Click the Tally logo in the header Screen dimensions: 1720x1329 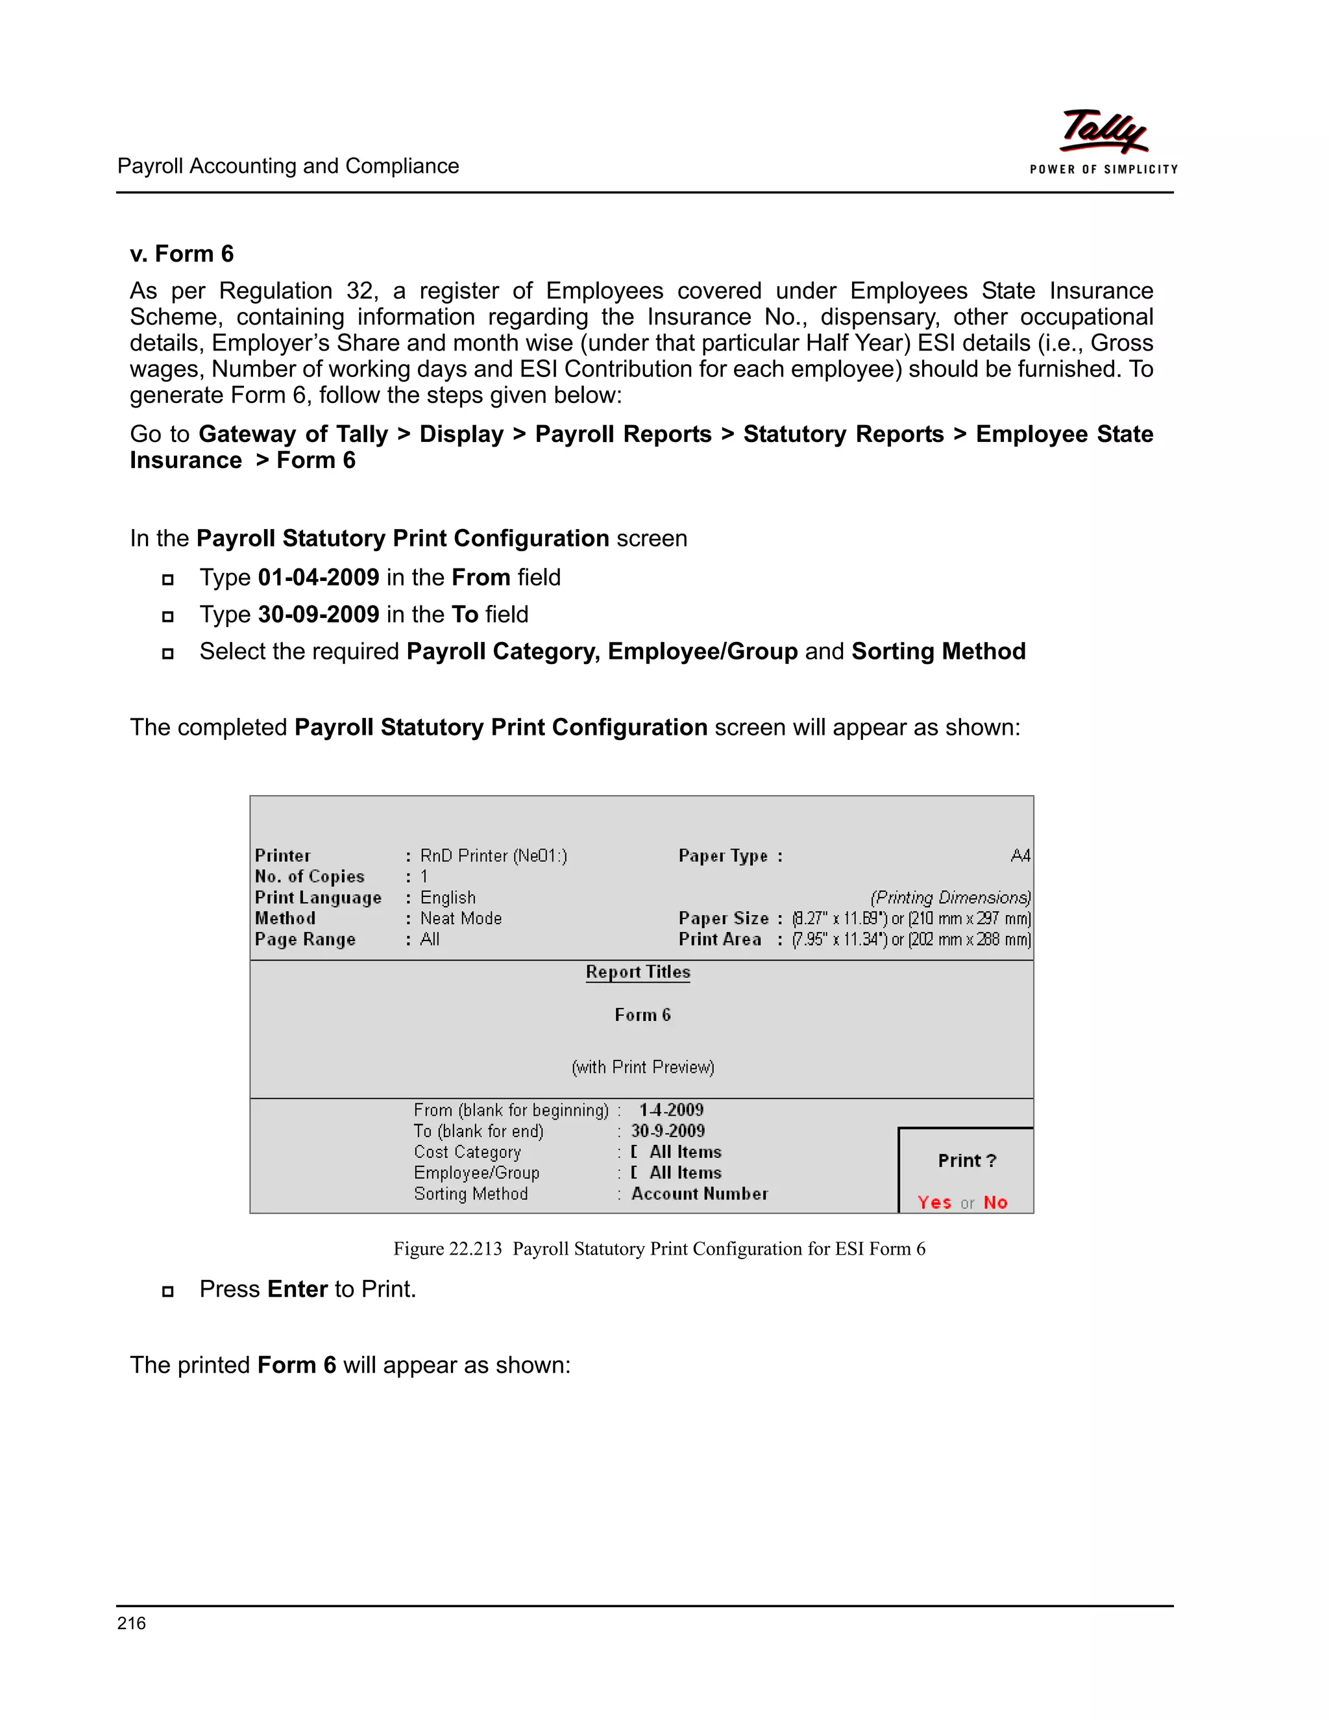click(1103, 132)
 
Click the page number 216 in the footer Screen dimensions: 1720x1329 click(132, 1623)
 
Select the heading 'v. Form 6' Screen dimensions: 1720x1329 click(182, 254)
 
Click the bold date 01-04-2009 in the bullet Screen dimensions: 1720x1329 click(319, 577)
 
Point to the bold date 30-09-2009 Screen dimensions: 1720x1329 click(319, 614)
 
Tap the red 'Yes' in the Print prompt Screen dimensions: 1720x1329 click(934, 1203)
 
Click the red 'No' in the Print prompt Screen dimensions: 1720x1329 click(995, 1203)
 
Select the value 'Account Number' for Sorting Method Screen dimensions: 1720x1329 click(699, 1194)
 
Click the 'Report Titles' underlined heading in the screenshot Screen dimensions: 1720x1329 click(638, 972)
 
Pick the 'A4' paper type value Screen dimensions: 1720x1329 click(1020, 855)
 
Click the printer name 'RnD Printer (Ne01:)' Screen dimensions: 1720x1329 click(494, 855)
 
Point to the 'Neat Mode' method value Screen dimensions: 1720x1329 click(461, 918)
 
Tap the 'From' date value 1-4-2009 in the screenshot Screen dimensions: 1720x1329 click(671, 1110)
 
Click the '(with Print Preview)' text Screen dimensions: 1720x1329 click(642, 1067)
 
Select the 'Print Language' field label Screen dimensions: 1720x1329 click(318, 898)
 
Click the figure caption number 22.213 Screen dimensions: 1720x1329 click(475, 1249)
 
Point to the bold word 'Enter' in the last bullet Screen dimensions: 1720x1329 click(298, 1289)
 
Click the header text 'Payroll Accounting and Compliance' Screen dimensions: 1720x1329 click(288, 166)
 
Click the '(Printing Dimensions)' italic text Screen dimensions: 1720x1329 click(950, 898)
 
